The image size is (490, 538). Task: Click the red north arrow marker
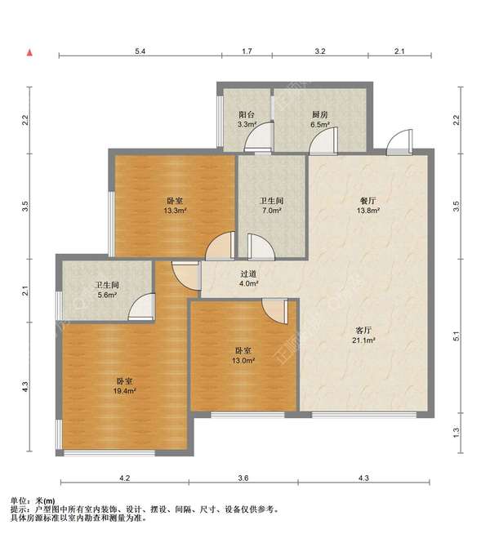30,52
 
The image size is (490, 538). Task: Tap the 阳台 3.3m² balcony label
247,119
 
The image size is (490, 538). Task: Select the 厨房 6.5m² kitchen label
320,119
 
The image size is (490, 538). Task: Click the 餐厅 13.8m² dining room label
367,205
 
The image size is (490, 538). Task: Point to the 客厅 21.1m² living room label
363,336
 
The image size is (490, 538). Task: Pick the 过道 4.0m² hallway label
248,278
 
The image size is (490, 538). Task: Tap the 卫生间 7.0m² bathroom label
272,205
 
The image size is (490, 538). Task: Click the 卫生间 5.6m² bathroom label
107,289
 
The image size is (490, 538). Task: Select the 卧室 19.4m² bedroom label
125,385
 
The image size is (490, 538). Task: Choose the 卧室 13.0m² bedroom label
243,355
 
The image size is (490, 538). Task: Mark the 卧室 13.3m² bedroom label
175,205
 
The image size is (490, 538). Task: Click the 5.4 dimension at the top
140,51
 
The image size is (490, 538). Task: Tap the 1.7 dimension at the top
247,51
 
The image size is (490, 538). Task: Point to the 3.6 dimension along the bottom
243,478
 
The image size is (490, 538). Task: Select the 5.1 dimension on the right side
456,336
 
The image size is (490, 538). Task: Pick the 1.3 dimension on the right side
456,432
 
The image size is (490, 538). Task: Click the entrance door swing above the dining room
399,141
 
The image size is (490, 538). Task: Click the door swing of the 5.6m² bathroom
141,306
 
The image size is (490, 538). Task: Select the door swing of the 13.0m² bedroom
274,311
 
